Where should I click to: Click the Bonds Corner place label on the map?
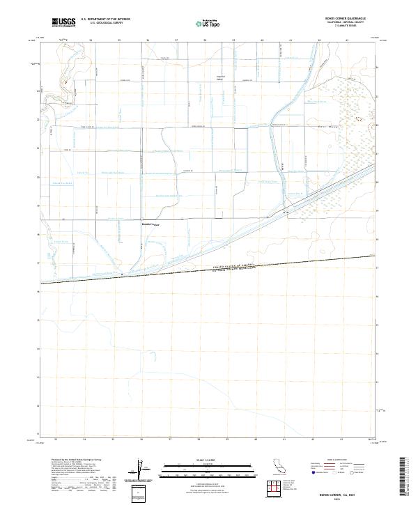pyautogui.click(x=150, y=225)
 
